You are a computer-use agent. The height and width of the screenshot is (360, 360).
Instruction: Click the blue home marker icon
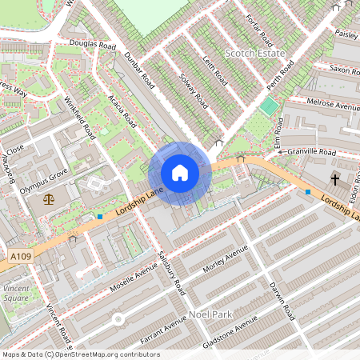(180, 173)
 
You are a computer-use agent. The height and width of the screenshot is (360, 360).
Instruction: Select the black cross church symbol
(334, 179)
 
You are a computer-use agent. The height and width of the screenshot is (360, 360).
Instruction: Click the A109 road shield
(22, 255)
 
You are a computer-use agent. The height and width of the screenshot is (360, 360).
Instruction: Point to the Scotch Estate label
(255, 53)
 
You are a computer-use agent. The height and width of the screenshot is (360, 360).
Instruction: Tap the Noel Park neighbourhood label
(210, 314)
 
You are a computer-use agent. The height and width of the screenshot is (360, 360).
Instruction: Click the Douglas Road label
(92, 45)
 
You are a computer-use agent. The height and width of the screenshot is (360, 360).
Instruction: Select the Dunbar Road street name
(139, 69)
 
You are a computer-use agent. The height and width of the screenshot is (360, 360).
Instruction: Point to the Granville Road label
(312, 150)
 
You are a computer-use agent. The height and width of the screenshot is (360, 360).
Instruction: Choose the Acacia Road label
(122, 111)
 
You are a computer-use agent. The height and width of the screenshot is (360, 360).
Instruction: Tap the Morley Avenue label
(226, 262)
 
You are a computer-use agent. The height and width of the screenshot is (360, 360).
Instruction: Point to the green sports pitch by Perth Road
(269, 106)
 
